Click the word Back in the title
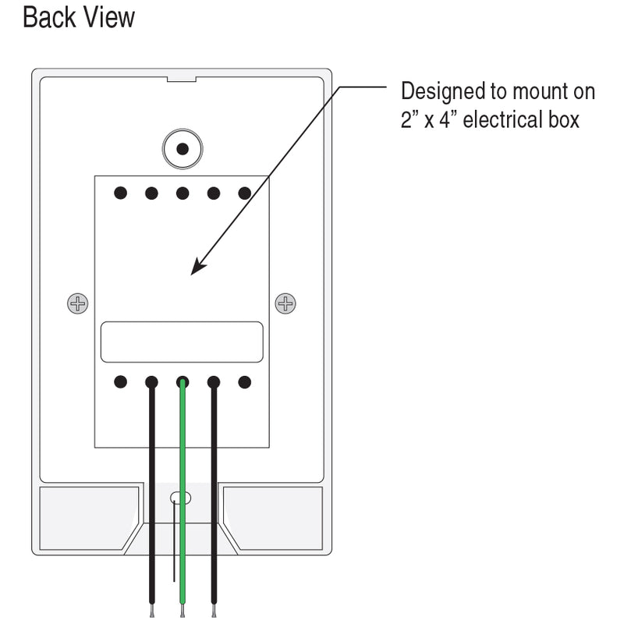pos(50,17)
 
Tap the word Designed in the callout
pos(441,92)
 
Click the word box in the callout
pos(564,120)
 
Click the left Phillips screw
pos(77,303)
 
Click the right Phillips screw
pos(285,303)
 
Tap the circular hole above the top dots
pos(182,148)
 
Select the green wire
pos(183,499)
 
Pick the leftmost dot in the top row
pos(120,193)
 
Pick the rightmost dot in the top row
pos(244,193)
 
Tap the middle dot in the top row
pos(182,193)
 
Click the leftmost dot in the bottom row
pos(120,382)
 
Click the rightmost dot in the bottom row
pos(244,382)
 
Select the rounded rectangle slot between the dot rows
pos(182,342)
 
